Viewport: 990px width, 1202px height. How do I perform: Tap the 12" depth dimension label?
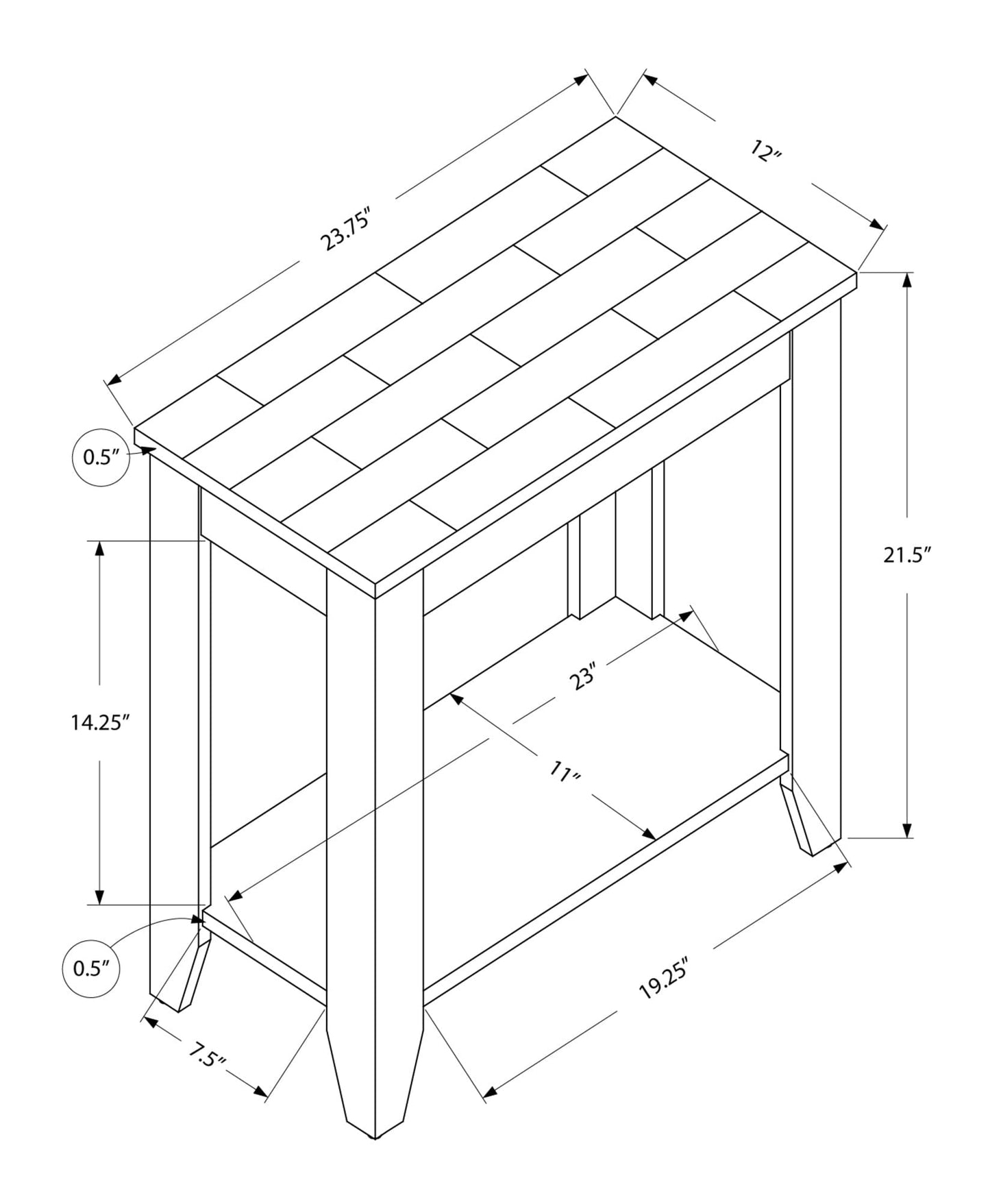766,150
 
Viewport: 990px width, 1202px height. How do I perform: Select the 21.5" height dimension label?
908,555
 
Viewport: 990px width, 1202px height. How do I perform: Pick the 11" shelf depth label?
565,773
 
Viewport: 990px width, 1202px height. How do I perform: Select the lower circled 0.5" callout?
91,968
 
